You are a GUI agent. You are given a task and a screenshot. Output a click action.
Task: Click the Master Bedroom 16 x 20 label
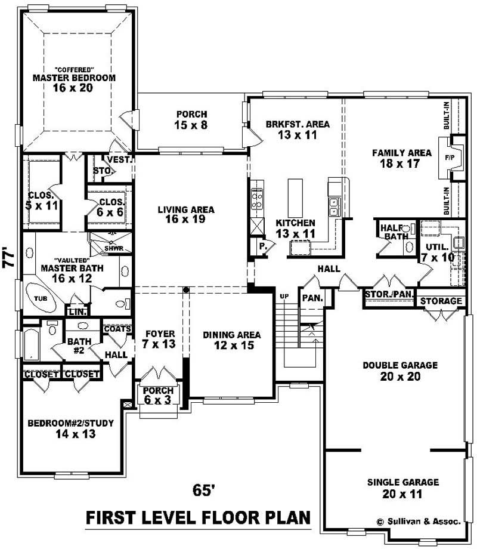(x=74, y=82)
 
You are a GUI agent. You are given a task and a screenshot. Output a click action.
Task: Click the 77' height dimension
(x=9, y=258)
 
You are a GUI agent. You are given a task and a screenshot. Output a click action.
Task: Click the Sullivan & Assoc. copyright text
(x=419, y=521)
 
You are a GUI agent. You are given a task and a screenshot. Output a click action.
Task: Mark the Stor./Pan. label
(x=389, y=294)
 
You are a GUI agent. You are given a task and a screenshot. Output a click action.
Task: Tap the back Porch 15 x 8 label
(x=191, y=119)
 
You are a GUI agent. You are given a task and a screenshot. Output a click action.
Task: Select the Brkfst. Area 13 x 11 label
(x=297, y=129)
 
